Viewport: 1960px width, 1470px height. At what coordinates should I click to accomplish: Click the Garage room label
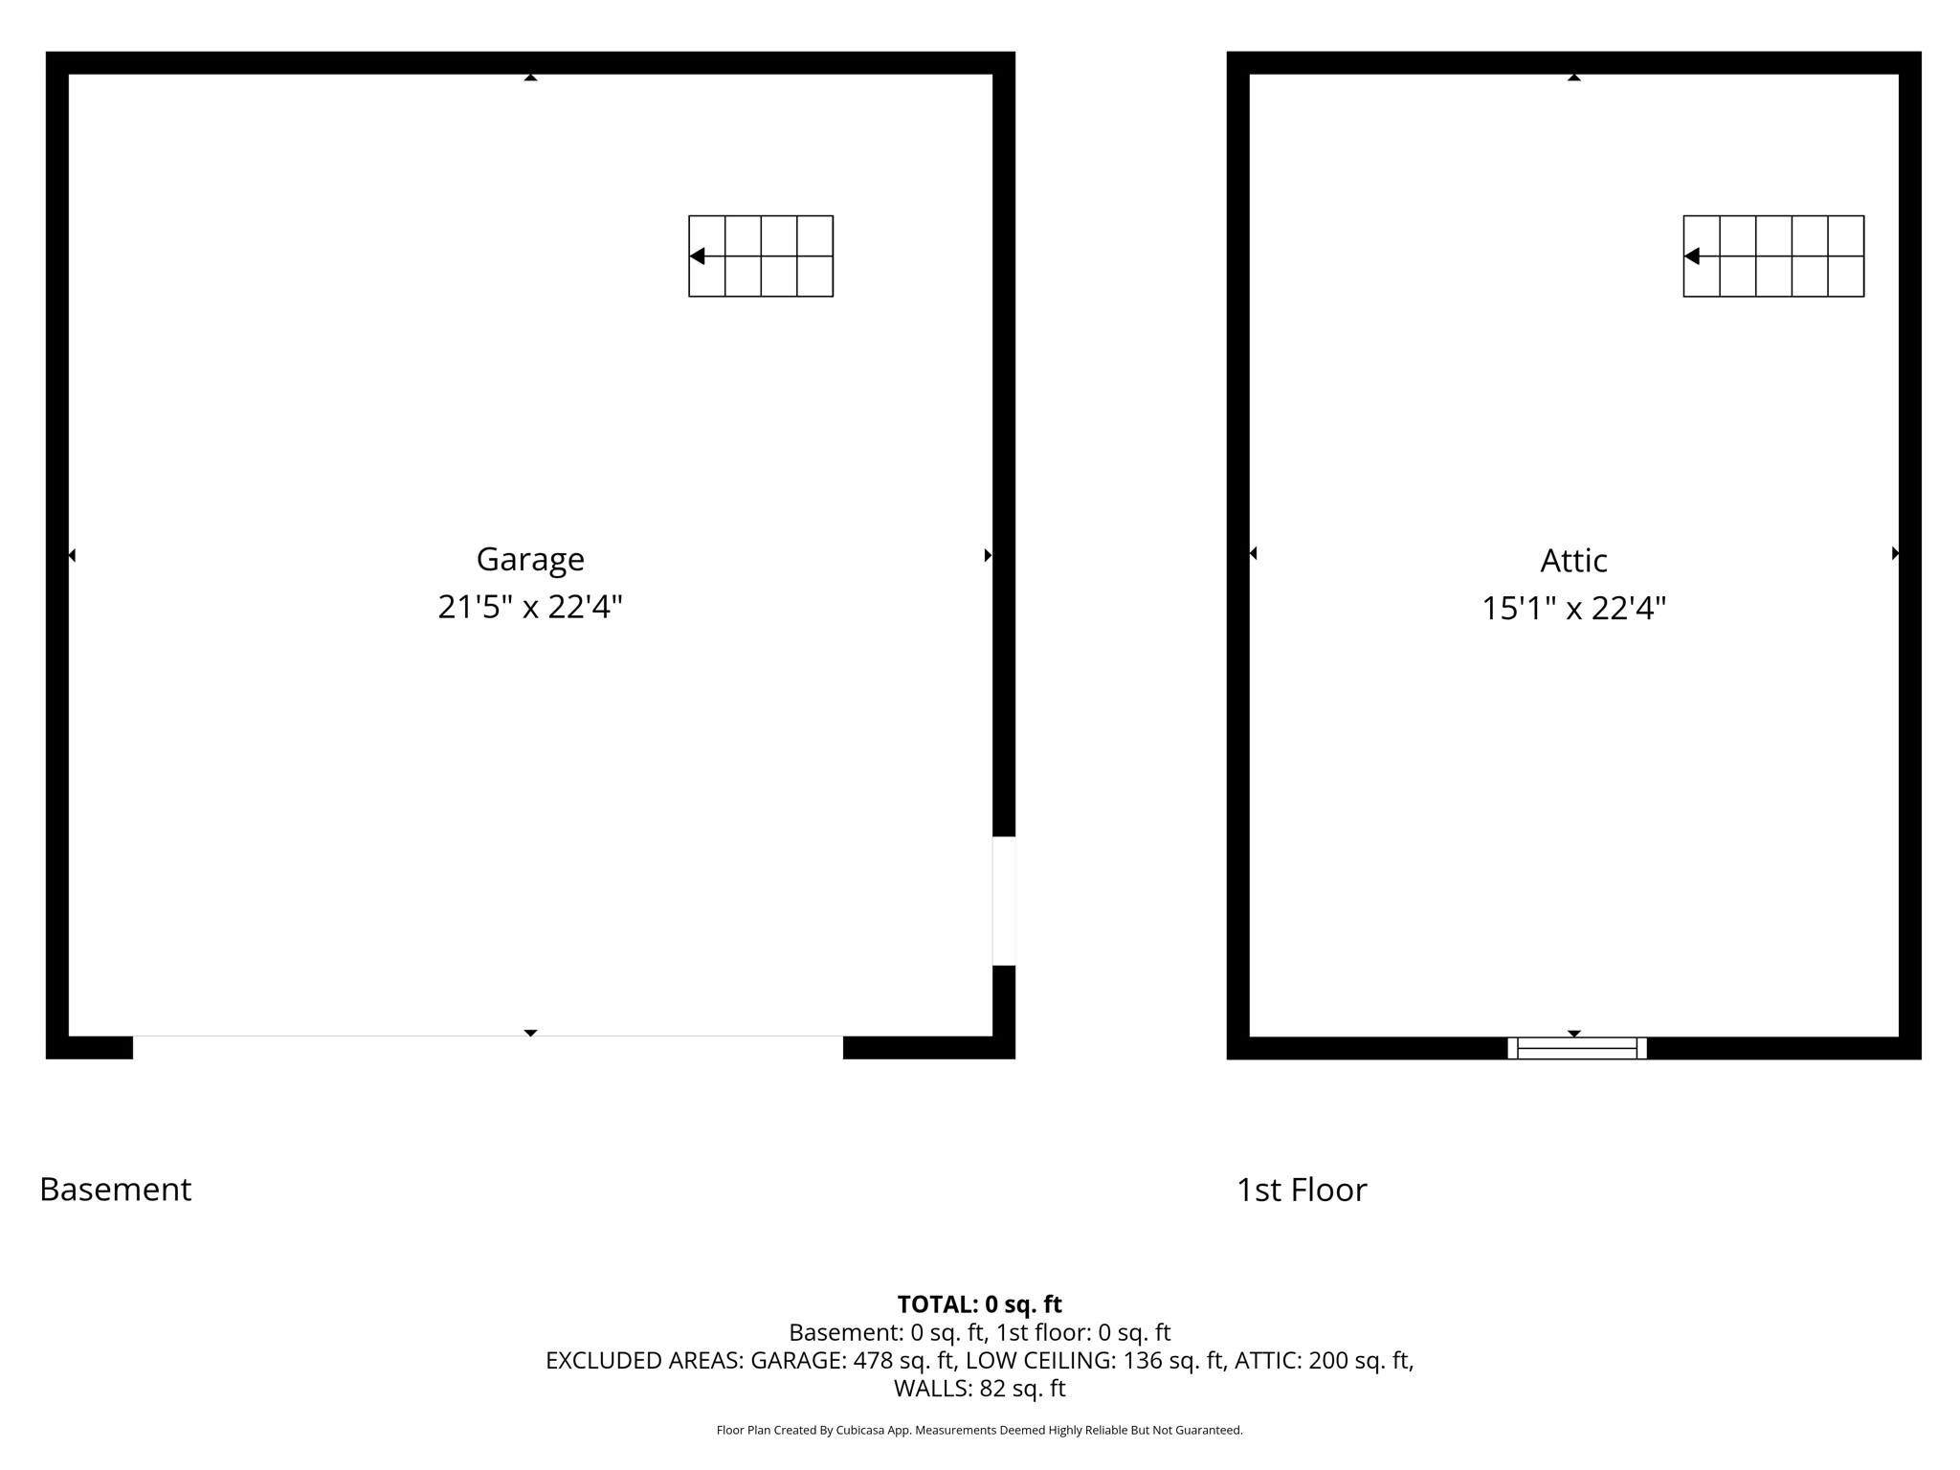tap(530, 559)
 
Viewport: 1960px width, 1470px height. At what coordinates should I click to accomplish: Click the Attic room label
tap(1573, 561)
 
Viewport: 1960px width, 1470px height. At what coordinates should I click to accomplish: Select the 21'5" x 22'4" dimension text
tap(530, 607)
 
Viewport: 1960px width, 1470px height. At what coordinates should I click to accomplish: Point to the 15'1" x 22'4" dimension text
tap(1573, 609)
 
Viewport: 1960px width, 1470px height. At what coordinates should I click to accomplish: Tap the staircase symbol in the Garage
tap(761, 256)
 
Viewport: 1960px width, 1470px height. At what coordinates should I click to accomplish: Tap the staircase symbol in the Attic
tap(1773, 256)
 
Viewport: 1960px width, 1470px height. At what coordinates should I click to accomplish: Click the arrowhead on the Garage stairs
tap(698, 256)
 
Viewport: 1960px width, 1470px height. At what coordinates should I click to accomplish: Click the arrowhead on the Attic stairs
tap(1692, 256)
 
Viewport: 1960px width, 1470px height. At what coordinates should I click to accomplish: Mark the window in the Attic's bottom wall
tap(1576, 1048)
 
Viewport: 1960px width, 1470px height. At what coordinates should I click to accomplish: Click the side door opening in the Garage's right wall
tap(1003, 901)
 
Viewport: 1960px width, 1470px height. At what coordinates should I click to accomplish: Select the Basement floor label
tap(116, 1190)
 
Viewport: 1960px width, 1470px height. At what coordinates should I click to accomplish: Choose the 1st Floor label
tap(1302, 1191)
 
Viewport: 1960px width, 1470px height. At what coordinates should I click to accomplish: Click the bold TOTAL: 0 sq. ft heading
tap(979, 1304)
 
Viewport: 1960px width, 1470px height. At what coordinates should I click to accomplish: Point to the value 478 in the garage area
tap(873, 1360)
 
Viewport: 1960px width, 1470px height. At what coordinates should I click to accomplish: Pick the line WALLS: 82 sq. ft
tap(979, 1388)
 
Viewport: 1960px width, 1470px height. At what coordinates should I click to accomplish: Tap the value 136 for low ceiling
tap(1142, 1360)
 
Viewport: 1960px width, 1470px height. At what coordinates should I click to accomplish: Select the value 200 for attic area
tap(1327, 1360)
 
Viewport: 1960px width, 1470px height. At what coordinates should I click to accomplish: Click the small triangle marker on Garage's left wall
tap(72, 555)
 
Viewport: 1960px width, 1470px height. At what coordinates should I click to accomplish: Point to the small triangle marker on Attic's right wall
tap(1895, 553)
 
